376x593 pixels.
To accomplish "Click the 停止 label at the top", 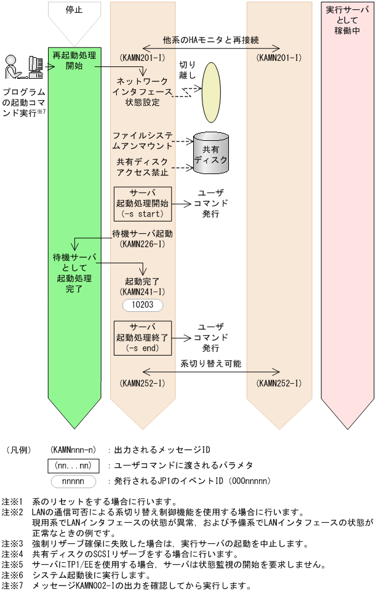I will click(x=74, y=10).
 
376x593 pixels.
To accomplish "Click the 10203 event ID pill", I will click(x=142, y=304).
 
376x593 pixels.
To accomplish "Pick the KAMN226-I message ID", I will click(x=142, y=244).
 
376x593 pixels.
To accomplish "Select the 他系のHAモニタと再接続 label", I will click(x=211, y=39).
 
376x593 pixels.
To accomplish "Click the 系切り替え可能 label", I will click(x=211, y=364).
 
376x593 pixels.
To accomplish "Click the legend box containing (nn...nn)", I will click(x=74, y=466).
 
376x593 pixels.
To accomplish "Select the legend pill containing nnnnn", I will click(x=74, y=481).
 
